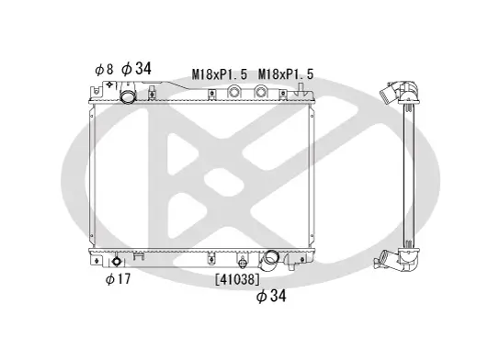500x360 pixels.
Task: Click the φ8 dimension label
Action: pyautogui.click(x=102, y=69)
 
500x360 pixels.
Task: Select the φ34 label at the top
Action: pyautogui.click(x=137, y=68)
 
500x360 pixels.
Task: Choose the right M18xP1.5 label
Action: pyautogui.click(x=286, y=73)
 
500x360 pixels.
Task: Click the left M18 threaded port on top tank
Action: pyautogui.click(x=234, y=93)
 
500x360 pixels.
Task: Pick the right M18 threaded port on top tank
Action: pyautogui.click(x=263, y=93)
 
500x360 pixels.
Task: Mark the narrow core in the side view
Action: pyautogui.click(x=410, y=174)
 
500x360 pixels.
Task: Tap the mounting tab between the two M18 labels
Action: pyautogui.click(x=212, y=94)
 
